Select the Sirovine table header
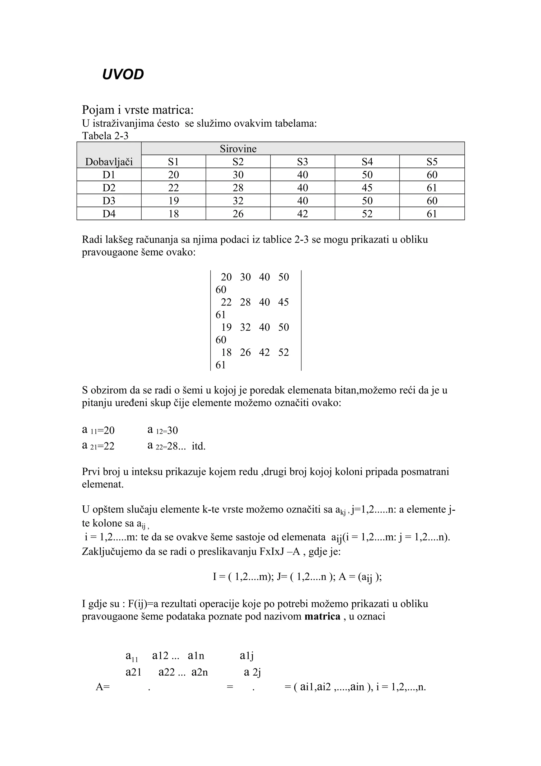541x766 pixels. pos(238,149)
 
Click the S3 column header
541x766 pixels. pos(302,162)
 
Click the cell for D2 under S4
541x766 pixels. pos(367,188)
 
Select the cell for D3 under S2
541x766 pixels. pos(238,201)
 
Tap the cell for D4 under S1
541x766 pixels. pos(173,214)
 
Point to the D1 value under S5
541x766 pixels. pos(432,175)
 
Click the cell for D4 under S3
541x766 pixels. pos(302,214)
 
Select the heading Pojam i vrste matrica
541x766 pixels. pos(138,110)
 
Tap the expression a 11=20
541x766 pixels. pos(98,430)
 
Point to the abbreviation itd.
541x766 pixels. pos(199,446)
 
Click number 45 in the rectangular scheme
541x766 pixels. pos(283,302)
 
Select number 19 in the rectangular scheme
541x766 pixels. pos(226,327)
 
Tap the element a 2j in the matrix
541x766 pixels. pos(252,672)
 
